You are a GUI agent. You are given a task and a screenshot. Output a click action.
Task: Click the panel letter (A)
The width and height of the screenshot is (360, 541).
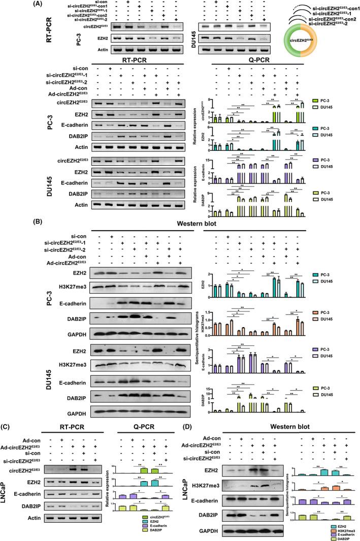pyautogui.click(x=9, y=5)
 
